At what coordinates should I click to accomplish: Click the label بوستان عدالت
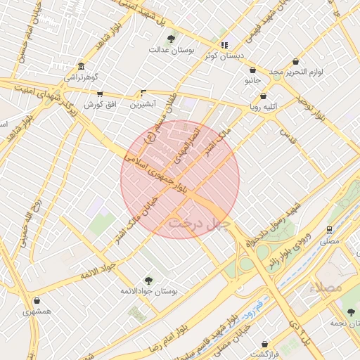(172, 51)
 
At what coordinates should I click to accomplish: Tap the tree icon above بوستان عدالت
(172, 38)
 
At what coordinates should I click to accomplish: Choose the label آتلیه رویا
(264, 108)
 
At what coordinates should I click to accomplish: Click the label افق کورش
(99, 105)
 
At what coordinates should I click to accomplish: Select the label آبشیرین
(143, 105)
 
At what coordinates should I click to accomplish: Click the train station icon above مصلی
(329, 229)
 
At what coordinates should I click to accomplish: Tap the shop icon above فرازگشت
(264, 344)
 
